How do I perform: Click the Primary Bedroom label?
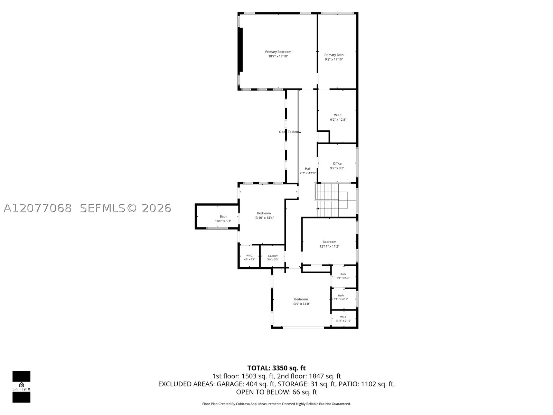(x=278, y=52)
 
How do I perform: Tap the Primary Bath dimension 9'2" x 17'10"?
(x=334, y=59)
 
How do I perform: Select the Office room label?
(x=337, y=164)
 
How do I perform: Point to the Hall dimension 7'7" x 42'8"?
(x=308, y=173)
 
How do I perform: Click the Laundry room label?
(x=273, y=256)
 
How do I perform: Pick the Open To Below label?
(x=290, y=132)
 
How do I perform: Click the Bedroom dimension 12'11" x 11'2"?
(x=329, y=247)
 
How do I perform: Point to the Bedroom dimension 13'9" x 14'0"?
(x=301, y=304)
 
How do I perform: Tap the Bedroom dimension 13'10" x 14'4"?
(x=264, y=218)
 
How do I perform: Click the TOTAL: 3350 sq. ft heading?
(x=276, y=368)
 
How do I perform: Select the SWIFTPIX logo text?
(x=21, y=389)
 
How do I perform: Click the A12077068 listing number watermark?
(x=38, y=208)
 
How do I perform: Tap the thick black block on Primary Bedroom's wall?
(x=241, y=50)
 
